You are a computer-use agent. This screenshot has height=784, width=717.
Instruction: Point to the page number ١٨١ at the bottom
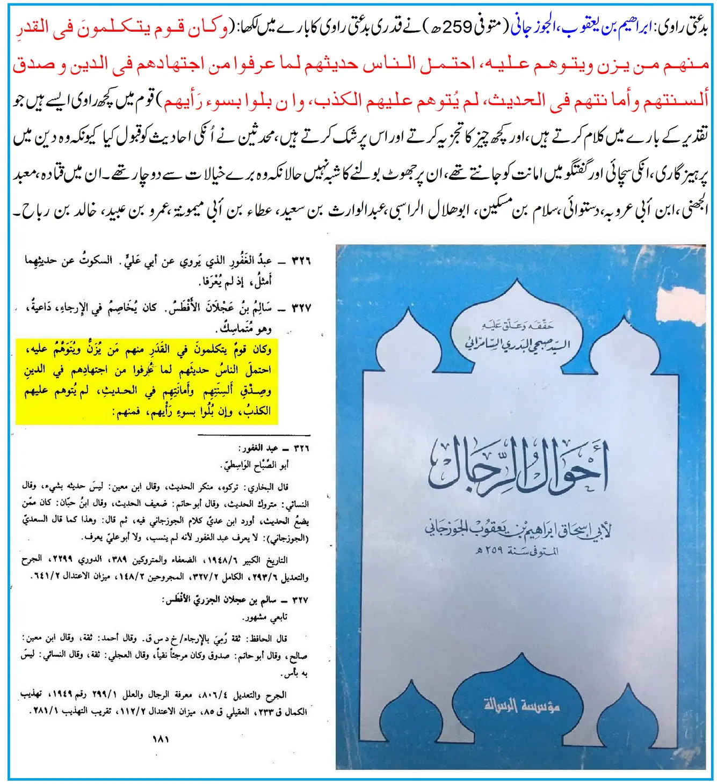[161, 739]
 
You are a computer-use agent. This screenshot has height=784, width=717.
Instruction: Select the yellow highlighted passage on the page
[147, 380]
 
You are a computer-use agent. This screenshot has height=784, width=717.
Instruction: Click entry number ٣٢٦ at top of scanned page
[301, 261]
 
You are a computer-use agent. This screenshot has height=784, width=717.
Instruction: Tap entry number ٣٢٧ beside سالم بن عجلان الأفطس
[301, 308]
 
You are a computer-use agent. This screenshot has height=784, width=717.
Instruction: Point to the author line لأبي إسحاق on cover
[518, 530]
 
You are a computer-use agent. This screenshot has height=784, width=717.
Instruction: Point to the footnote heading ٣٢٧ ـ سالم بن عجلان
[236, 600]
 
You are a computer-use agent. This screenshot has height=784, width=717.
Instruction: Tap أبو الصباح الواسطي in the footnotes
[255, 465]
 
